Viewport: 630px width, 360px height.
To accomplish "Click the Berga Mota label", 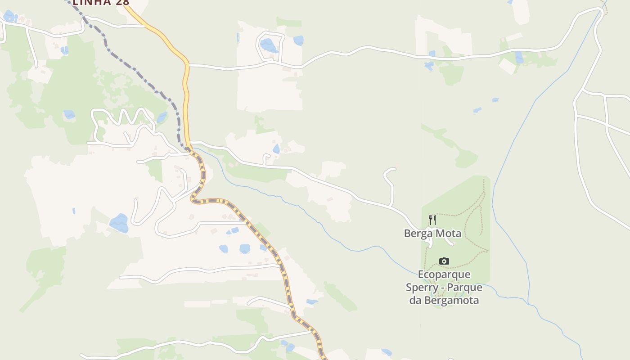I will pos(432,234).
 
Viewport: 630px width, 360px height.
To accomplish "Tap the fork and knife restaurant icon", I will pos(432,220).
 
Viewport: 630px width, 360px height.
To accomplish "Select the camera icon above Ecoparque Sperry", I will pos(444,261).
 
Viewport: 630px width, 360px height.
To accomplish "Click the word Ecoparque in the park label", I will pos(444,274).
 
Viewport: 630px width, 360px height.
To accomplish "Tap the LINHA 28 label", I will pos(101,2).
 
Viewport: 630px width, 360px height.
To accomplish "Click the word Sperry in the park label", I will pos(422,288).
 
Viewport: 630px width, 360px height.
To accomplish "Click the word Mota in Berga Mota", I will pos(448,234).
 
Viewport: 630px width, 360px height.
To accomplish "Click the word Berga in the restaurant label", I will pos(418,234).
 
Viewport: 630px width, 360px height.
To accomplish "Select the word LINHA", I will pos(92,2).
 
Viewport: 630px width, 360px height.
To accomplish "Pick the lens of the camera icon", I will pos(444,261).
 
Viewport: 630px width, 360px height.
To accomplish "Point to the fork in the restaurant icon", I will pos(431,220).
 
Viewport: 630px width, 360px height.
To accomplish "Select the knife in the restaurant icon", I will pos(435,220).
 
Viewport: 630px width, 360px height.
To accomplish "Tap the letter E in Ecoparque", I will pos(421,274).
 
